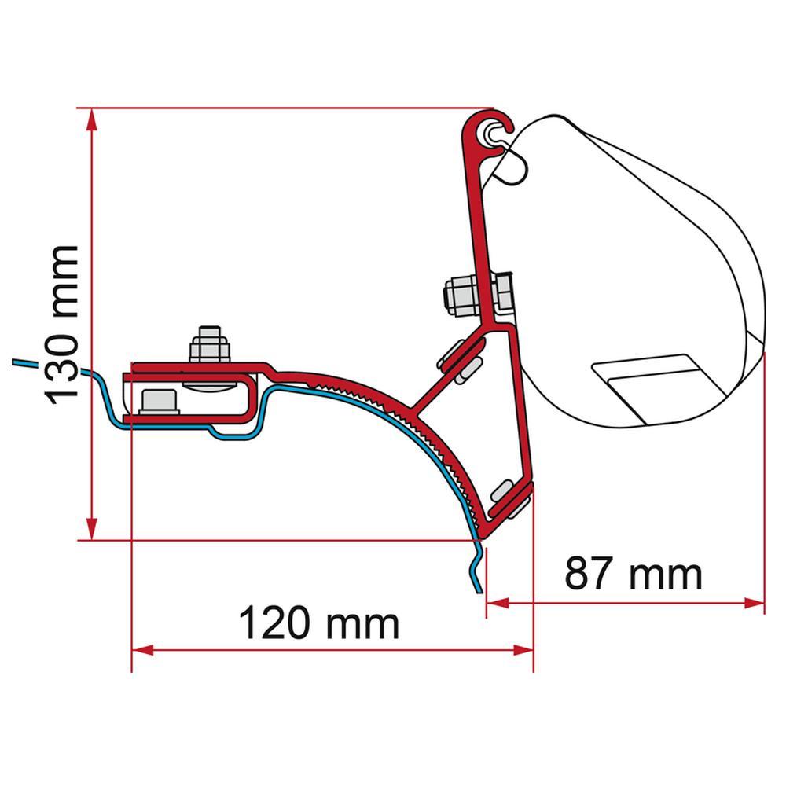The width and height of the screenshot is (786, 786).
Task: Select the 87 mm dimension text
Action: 633,575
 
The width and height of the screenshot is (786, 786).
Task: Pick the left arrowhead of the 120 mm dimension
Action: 141,650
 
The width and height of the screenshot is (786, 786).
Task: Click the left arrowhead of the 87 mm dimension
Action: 497,604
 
